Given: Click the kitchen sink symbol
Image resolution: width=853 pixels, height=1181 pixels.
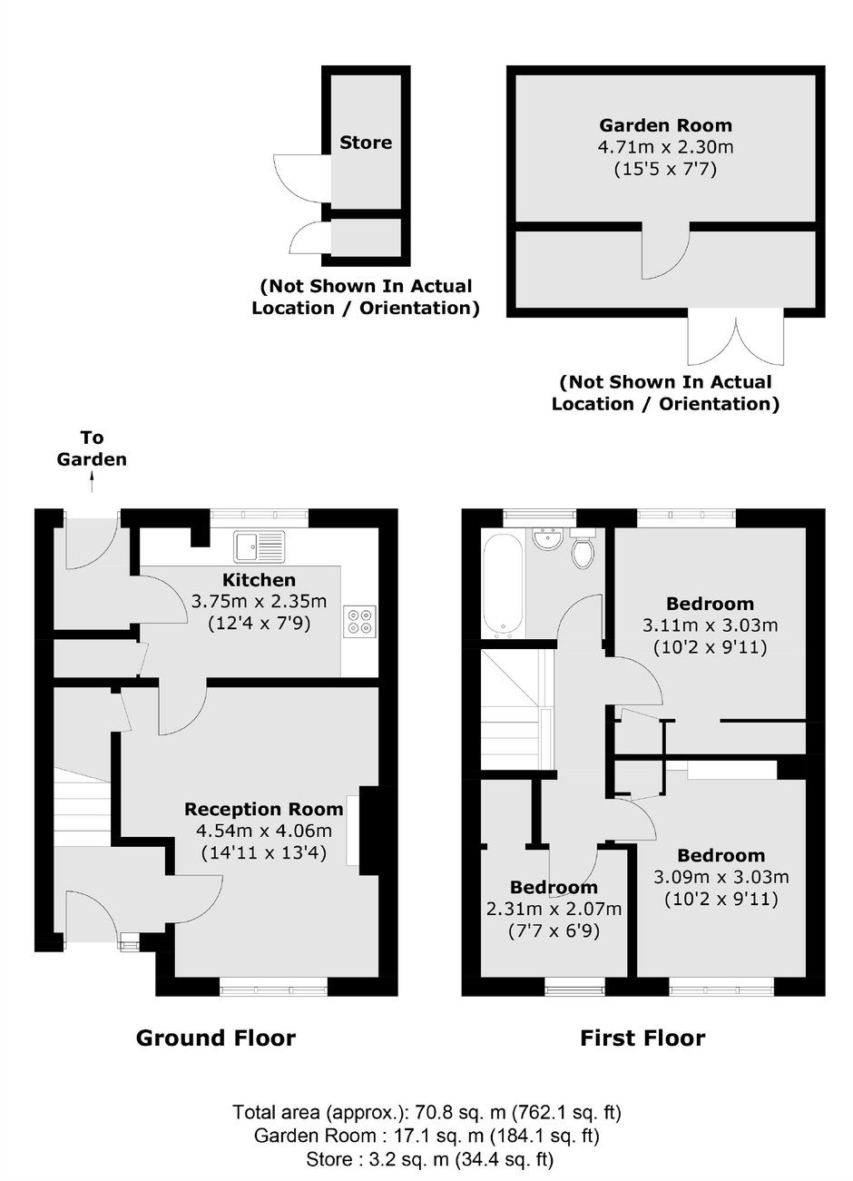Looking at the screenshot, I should pyautogui.click(x=260, y=546).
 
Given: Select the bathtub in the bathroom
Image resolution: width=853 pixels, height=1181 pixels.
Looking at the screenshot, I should pyautogui.click(x=501, y=585).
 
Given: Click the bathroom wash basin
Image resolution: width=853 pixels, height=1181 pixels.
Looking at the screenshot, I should pyautogui.click(x=547, y=539).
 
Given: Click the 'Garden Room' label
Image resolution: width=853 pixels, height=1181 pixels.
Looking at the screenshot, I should pyautogui.click(x=665, y=126).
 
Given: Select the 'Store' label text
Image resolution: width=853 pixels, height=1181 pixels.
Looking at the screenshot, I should pyautogui.click(x=366, y=143).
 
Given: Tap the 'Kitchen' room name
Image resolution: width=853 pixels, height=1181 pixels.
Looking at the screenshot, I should pyautogui.click(x=260, y=580).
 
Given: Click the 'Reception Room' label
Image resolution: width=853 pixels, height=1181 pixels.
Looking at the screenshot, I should pyautogui.click(x=264, y=809).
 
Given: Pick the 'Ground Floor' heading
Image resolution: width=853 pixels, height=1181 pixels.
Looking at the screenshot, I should pyautogui.click(x=216, y=1038).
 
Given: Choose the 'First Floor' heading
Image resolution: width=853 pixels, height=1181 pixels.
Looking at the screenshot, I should pyautogui.click(x=642, y=1038).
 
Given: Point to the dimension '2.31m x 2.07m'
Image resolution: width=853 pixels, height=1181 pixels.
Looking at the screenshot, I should pyautogui.click(x=554, y=910).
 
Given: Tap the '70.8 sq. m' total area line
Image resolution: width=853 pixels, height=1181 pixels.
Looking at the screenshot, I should pyautogui.click(x=426, y=1112).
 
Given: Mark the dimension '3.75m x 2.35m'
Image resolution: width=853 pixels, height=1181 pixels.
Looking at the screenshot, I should pyautogui.click(x=260, y=601).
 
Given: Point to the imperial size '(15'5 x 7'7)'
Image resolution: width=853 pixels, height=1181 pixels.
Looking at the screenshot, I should pyautogui.click(x=665, y=168).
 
